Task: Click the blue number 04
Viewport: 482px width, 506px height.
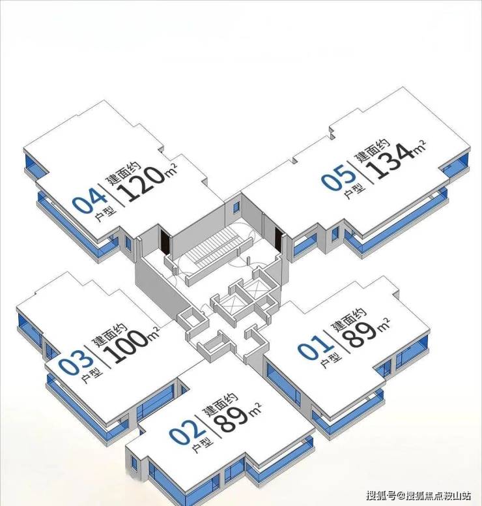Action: pos(89,201)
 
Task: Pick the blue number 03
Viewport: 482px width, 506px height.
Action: pos(76,363)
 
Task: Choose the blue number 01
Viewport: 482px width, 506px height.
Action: pos(315,347)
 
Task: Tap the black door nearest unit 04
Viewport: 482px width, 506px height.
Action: pos(165,241)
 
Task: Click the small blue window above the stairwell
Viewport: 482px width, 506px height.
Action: pos(236,207)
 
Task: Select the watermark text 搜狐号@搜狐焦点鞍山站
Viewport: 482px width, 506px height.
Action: pos(418,495)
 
